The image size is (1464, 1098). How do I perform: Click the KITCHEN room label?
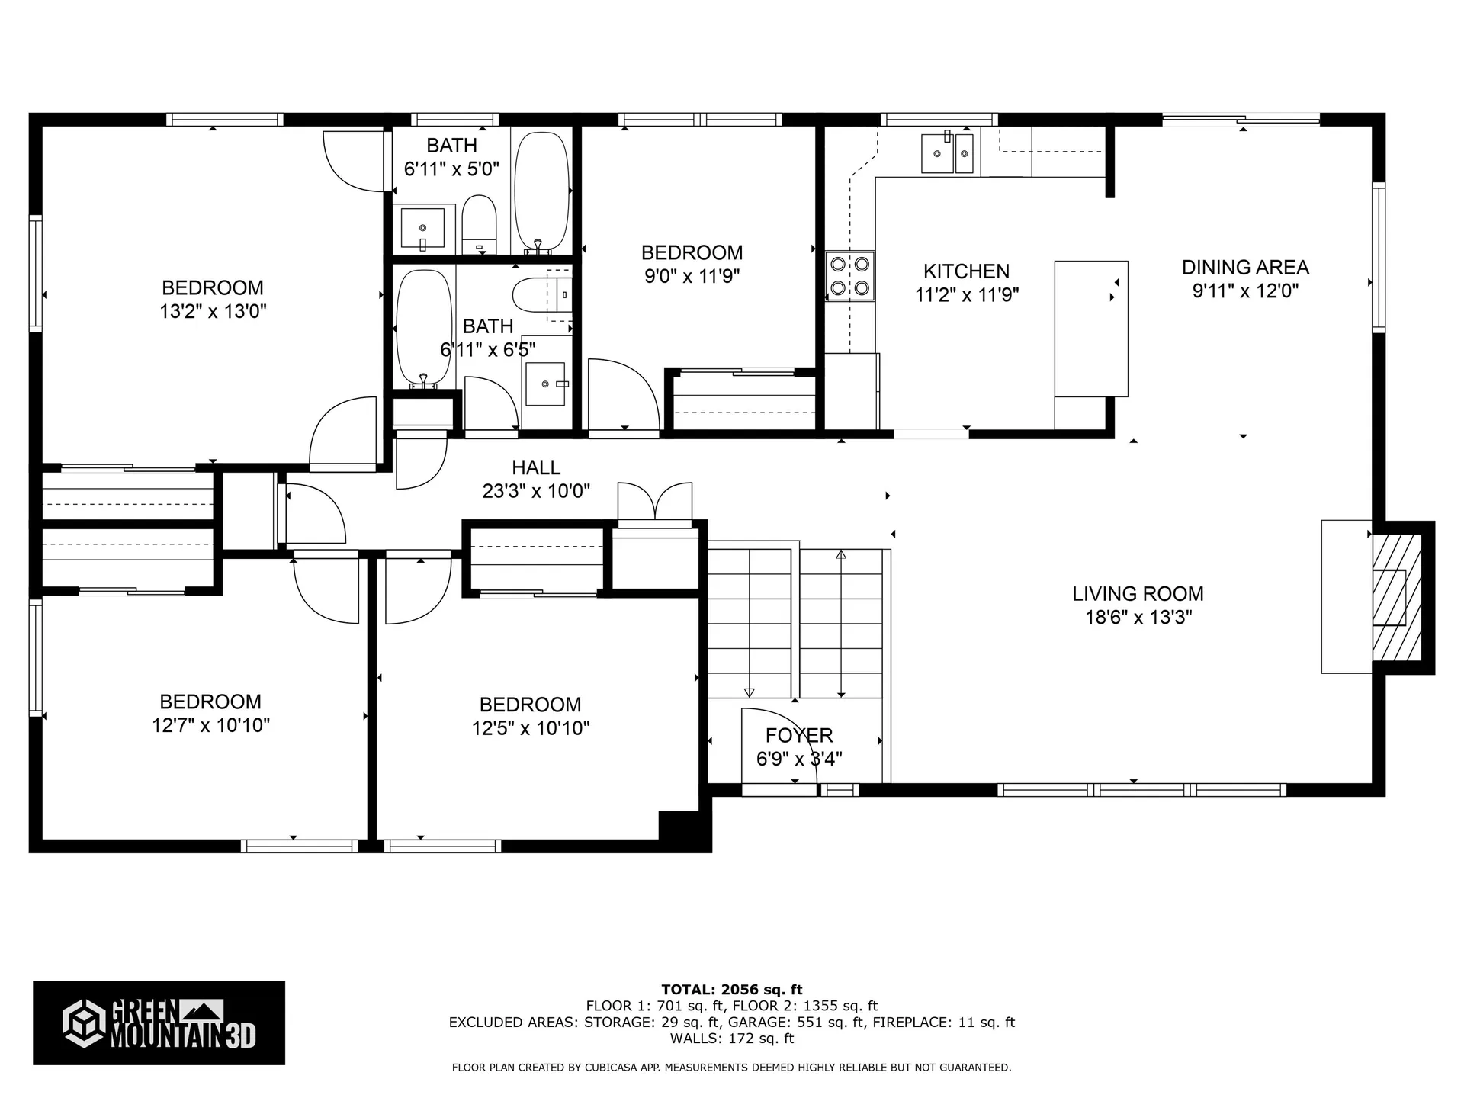(966, 271)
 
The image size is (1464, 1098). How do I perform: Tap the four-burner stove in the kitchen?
(849, 276)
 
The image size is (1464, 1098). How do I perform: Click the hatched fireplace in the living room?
(1397, 598)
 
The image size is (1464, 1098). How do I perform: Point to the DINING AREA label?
(1245, 268)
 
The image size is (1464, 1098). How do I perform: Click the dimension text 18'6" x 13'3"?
(1138, 618)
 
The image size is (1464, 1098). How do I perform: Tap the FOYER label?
(799, 735)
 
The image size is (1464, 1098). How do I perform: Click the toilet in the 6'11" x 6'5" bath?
(538, 295)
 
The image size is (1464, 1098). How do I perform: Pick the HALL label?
(535, 467)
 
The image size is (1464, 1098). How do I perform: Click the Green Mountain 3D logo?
(159, 1023)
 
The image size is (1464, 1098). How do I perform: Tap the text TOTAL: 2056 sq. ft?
(731, 990)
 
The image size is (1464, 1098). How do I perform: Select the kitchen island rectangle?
(1090, 329)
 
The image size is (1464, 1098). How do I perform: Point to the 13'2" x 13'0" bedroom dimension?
(213, 311)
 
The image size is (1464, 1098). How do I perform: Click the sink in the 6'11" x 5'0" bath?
(422, 227)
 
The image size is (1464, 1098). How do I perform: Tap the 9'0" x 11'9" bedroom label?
(692, 253)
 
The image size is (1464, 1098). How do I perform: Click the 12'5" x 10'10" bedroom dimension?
(531, 728)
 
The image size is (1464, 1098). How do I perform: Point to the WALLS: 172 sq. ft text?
(731, 1039)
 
